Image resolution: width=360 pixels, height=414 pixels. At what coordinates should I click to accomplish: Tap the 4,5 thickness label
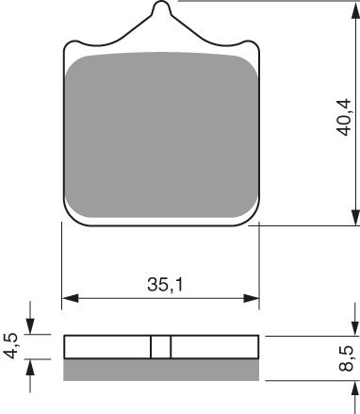coord(12,345)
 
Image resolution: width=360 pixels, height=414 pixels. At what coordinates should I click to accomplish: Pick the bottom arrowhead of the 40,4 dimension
coord(354,220)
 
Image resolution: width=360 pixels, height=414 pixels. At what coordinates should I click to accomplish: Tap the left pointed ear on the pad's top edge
coord(73,43)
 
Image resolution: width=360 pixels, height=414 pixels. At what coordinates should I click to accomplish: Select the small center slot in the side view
coord(161,347)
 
